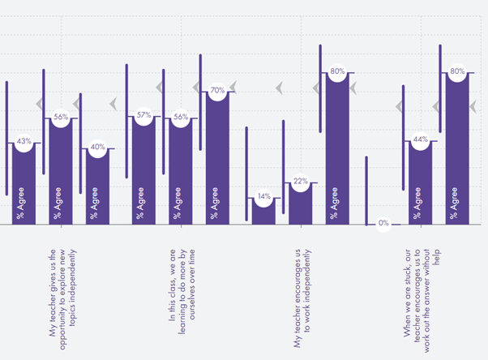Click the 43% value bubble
click(24, 141)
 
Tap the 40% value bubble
click(98, 148)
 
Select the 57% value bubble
click(144, 115)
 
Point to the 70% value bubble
click(217, 92)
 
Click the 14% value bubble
click(263, 196)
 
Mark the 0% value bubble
click(383, 223)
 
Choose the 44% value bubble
click(420, 139)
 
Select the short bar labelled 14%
click(263, 212)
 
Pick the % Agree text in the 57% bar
click(141, 203)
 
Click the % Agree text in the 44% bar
click(417, 203)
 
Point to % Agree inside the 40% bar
click(95, 203)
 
